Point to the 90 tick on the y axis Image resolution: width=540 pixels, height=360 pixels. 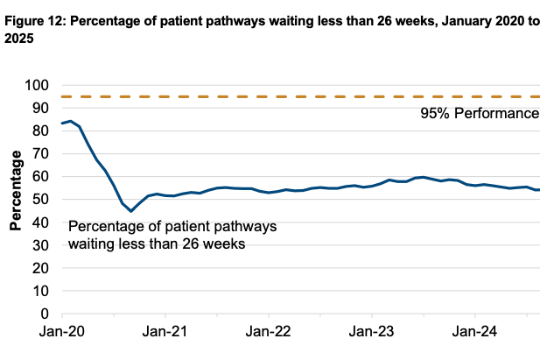click(39, 108)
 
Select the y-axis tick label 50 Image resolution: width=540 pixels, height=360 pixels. click(39, 199)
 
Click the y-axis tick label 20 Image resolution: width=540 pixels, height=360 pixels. click(39, 268)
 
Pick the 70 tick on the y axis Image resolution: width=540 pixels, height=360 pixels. click(39, 153)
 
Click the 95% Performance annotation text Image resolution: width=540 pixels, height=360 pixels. click(479, 114)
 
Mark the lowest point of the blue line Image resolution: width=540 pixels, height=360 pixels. click(131, 211)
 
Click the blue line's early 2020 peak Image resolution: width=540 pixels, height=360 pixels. click(70, 121)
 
